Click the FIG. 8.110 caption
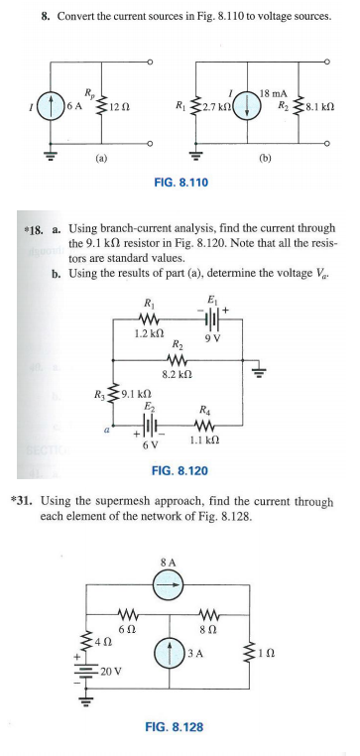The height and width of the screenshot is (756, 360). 179,184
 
